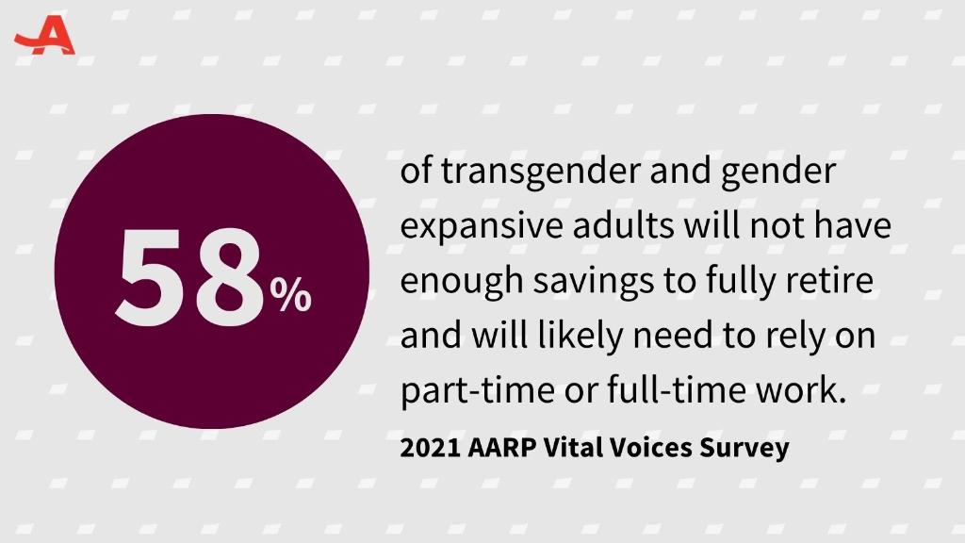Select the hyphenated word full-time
click(x=674, y=389)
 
